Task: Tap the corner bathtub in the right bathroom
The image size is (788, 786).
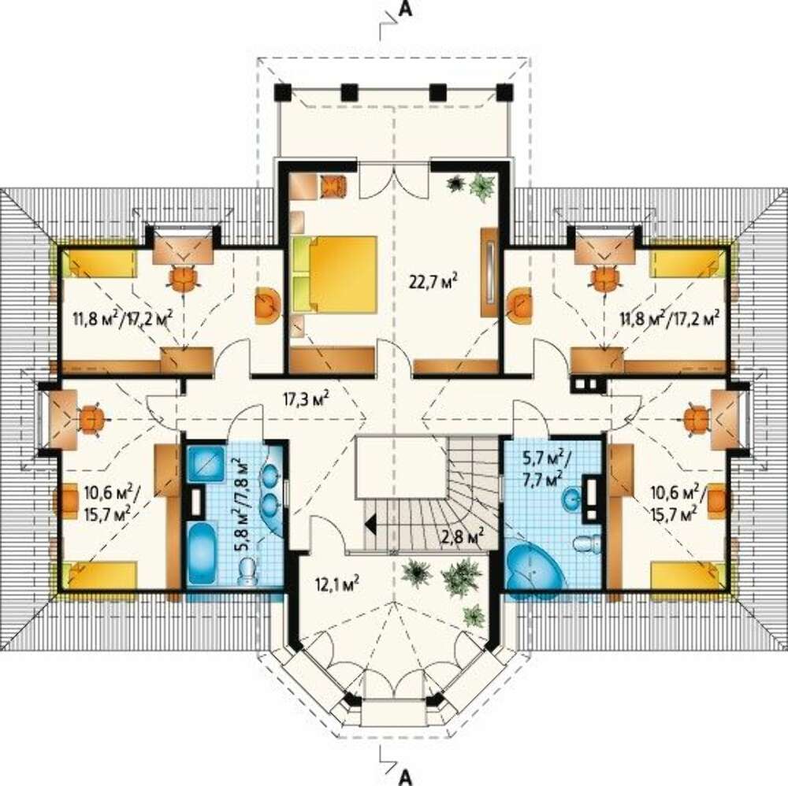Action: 534,569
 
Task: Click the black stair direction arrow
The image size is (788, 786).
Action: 371,525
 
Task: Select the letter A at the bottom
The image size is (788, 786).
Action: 404,777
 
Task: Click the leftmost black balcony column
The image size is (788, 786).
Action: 283,92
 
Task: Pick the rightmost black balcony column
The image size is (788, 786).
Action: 504,92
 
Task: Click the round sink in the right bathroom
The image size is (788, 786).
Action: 571,499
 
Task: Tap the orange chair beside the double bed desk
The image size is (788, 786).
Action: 333,185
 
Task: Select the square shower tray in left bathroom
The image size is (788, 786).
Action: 206,464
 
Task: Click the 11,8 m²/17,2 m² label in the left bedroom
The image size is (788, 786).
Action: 124,318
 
